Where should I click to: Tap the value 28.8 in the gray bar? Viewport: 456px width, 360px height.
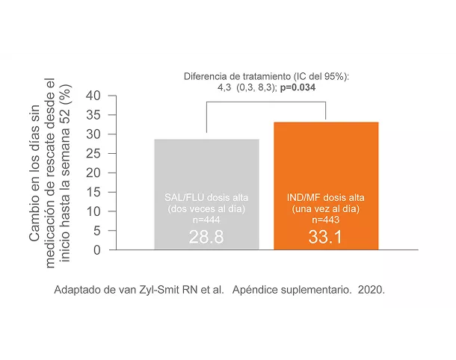pos(206,238)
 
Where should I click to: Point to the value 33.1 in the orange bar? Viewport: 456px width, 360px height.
pos(326,238)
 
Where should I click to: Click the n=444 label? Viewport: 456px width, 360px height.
pos(206,221)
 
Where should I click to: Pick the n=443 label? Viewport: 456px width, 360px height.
pos(326,221)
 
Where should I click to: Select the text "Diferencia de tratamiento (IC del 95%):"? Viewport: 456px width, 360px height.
pos(267,76)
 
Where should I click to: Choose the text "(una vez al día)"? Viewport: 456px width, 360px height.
pos(326,209)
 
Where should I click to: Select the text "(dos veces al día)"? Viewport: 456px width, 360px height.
pos(206,209)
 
